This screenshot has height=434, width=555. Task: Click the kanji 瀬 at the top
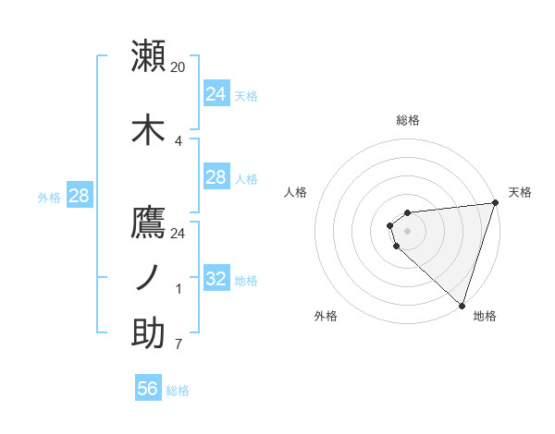[x=148, y=55]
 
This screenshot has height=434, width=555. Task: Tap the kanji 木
[x=148, y=129]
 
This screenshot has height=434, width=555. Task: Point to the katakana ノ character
[x=148, y=278]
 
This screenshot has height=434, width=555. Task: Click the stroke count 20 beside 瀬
[x=179, y=66]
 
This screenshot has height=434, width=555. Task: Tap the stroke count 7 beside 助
[x=178, y=345]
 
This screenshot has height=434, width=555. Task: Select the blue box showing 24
[x=216, y=93]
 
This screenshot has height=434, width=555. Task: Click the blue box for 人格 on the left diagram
[x=216, y=177]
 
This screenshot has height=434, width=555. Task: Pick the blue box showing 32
[x=216, y=279]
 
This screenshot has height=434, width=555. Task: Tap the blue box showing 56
[x=147, y=389]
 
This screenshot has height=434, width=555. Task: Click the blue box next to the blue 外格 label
[x=79, y=195]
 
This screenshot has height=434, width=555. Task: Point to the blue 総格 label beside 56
[x=178, y=391]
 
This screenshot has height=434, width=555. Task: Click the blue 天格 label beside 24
[x=246, y=95]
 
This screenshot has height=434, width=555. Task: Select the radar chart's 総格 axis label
[x=407, y=120]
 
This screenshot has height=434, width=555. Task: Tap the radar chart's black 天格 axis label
[x=520, y=192]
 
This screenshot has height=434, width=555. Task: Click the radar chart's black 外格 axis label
[x=326, y=316]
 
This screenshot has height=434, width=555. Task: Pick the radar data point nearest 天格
[x=494, y=203]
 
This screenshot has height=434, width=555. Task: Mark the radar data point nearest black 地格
[x=462, y=304]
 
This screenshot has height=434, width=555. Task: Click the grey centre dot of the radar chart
[x=407, y=231]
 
